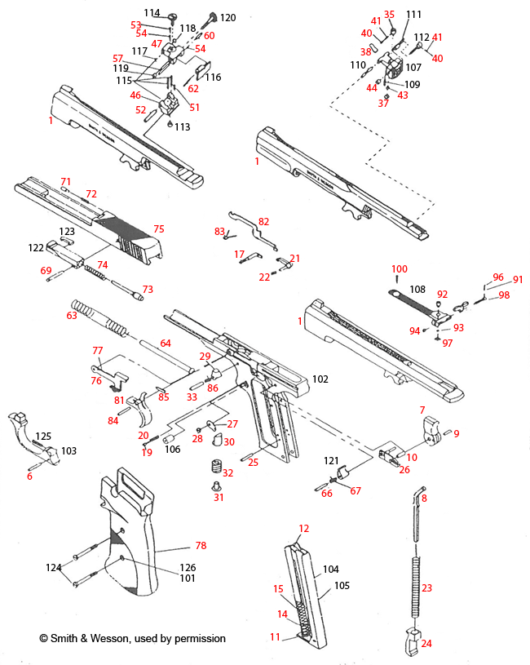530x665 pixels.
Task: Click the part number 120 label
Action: (x=227, y=17)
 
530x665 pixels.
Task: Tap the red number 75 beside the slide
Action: (x=159, y=229)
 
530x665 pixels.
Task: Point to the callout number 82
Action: (x=263, y=221)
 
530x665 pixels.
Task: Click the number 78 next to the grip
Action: (x=201, y=546)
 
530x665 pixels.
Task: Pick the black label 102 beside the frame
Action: (x=320, y=379)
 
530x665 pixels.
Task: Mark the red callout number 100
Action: (x=399, y=269)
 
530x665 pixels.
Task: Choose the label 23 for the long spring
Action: (x=426, y=588)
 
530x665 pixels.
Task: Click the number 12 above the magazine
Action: (x=304, y=528)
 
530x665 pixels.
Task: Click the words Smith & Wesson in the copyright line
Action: (x=88, y=638)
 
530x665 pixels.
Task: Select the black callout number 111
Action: (x=414, y=15)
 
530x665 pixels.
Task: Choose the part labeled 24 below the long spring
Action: (x=413, y=641)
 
